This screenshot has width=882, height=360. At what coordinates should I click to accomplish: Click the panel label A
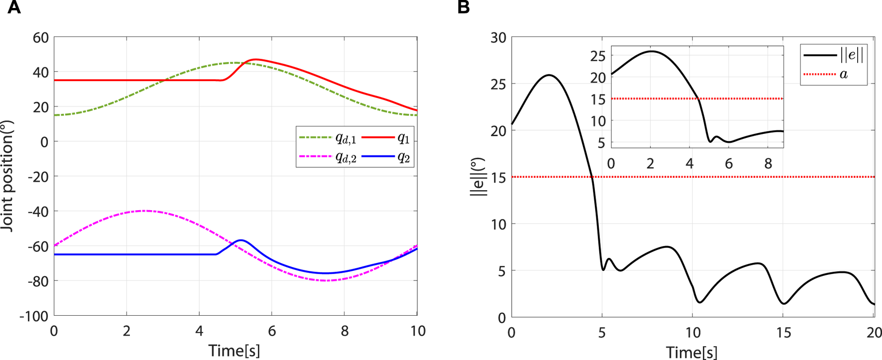(x=14, y=7)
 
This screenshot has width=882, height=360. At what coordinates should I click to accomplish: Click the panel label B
(x=463, y=7)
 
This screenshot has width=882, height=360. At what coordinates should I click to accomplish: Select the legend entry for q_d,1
(x=328, y=138)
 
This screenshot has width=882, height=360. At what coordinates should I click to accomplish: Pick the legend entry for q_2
(x=387, y=157)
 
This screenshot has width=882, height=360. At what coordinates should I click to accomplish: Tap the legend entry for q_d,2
(x=328, y=157)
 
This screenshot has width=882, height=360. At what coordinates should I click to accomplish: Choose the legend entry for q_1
(x=387, y=138)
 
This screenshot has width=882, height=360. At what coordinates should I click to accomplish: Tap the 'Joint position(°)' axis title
(x=7, y=176)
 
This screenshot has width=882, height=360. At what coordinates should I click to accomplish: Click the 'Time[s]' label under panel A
(x=234, y=351)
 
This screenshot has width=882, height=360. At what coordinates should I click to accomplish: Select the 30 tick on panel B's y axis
(x=498, y=38)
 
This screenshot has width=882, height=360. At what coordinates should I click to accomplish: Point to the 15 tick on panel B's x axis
(x=783, y=332)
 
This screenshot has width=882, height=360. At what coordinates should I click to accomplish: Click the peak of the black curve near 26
(x=549, y=75)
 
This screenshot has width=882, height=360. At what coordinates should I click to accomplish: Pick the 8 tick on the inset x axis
(x=768, y=164)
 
